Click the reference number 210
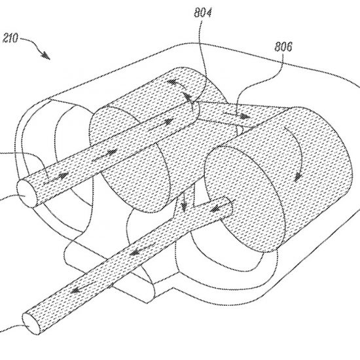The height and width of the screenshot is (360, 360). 10,38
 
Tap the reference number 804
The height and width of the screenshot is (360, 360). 203,12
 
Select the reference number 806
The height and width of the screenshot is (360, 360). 283,46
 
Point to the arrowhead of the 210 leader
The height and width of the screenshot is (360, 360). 45,56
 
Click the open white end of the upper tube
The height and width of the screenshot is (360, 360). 27,193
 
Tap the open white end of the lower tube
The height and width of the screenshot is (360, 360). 31,323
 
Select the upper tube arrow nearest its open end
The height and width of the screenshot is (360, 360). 56,178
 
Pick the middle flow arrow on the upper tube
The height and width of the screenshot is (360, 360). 105,154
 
